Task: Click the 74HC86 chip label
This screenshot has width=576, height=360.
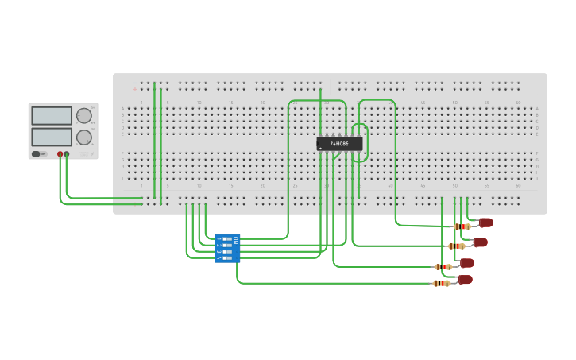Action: (x=339, y=144)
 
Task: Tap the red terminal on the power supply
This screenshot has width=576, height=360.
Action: (x=60, y=153)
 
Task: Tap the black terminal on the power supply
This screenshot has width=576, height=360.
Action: (x=67, y=153)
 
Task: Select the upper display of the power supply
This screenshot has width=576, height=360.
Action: (x=52, y=116)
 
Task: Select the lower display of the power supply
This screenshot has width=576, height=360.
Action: (x=52, y=137)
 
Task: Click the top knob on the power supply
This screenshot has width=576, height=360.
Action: (x=83, y=116)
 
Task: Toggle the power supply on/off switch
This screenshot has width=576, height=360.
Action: (x=38, y=153)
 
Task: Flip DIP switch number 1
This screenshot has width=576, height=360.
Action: (x=227, y=239)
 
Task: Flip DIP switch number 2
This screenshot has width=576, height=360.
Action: (x=227, y=246)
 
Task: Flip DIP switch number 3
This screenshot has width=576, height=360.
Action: (x=227, y=252)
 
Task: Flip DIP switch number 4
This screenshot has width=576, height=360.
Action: (x=227, y=258)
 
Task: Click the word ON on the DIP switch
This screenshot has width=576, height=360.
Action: (x=235, y=239)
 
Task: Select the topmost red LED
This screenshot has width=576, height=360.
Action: (x=485, y=223)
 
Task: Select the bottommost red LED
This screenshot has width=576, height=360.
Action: (x=465, y=280)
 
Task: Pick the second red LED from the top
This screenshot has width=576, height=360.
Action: (x=480, y=242)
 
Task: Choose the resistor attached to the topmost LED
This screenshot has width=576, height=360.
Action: (x=462, y=226)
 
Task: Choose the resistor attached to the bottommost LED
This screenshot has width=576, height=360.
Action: (x=442, y=283)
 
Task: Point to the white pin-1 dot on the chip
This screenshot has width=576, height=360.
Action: (x=320, y=149)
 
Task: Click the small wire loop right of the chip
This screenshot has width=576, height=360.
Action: (x=361, y=143)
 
